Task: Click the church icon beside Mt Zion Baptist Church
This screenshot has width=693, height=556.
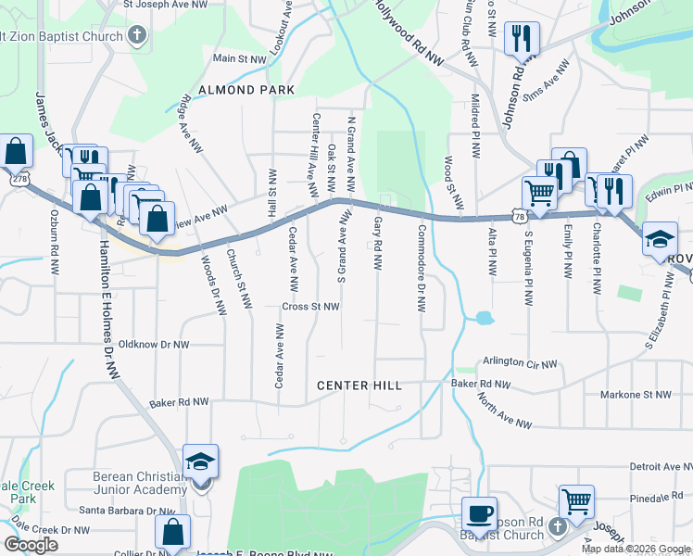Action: [137, 37]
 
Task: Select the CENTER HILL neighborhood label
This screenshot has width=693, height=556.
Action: [359, 385]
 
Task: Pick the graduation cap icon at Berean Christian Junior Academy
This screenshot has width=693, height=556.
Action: [200, 461]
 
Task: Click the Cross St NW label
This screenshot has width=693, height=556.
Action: [311, 307]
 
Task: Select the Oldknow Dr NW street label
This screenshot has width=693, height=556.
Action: [147, 345]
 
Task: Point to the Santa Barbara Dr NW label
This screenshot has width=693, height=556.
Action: [122, 510]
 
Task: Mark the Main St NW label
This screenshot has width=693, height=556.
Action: [239, 58]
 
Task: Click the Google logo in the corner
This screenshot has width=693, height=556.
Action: [31, 545]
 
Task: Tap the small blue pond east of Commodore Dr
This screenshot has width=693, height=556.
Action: [483, 319]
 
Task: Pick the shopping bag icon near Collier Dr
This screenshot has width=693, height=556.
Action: [172, 532]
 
